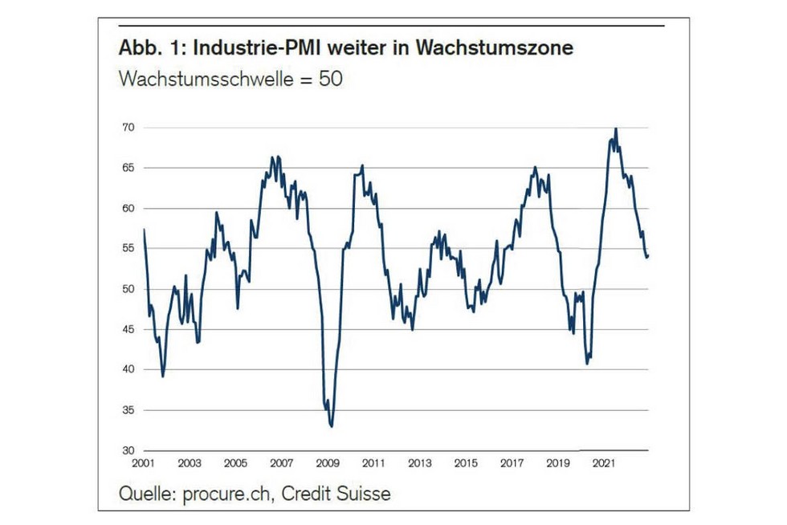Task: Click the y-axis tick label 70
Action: tap(127, 128)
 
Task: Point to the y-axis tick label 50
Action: tap(127, 289)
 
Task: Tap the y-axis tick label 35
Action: tap(127, 409)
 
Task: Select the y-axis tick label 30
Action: tap(127, 450)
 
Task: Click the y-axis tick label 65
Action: tap(127, 168)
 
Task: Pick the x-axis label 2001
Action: tap(143, 463)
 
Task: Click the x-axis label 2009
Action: tap(327, 463)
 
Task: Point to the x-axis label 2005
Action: tap(234, 463)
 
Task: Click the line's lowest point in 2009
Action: tap(332, 426)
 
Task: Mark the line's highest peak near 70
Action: tap(616, 128)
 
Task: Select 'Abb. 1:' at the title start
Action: tap(148, 48)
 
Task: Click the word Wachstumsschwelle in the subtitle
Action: tap(201, 80)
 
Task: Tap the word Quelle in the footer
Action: tap(144, 493)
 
